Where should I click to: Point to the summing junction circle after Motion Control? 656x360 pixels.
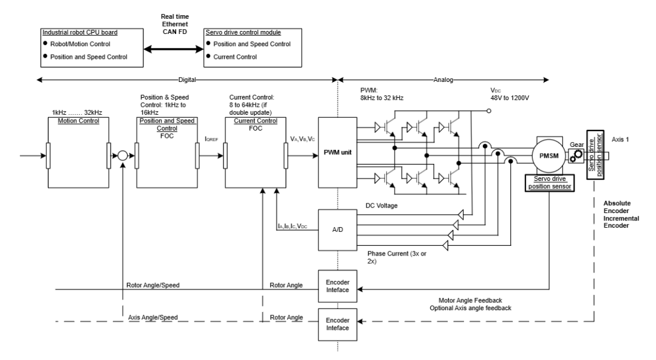coord(122,156)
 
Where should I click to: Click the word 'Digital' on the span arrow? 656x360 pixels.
coord(186,80)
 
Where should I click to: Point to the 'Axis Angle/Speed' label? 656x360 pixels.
coord(149,317)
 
